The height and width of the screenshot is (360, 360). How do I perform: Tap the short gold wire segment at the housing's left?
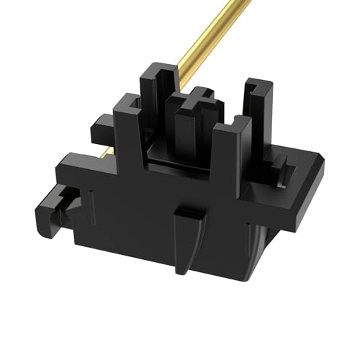coord(106,151)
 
